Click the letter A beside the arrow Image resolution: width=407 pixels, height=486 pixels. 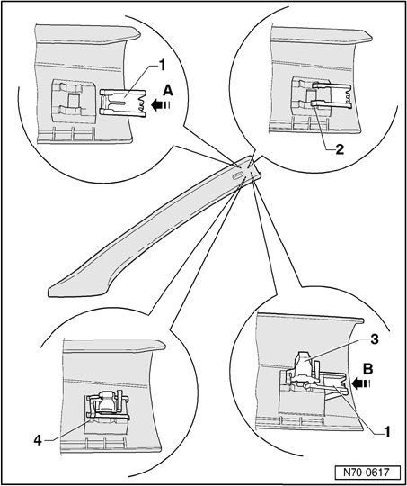[167, 92]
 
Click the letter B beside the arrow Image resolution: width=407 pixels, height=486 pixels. [368, 370]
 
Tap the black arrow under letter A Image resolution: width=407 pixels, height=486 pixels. [160, 105]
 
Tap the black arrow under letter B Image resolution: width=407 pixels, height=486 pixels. [361, 384]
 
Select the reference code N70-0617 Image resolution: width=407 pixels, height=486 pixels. [366, 473]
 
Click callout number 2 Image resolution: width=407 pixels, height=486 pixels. [340, 149]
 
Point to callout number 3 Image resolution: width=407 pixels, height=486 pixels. [374, 339]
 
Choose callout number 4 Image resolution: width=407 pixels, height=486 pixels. [38, 440]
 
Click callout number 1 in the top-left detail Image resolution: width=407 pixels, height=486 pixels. [163, 66]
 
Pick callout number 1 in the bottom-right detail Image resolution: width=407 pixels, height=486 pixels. [386, 431]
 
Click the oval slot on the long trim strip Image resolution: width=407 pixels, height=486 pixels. [237, 176]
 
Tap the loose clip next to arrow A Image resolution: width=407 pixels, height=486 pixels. [122, 103]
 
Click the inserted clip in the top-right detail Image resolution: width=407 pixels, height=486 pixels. [331, 96]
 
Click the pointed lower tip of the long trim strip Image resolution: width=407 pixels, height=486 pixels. [49, 292]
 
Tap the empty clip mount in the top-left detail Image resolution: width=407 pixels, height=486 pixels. [73, 101]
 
